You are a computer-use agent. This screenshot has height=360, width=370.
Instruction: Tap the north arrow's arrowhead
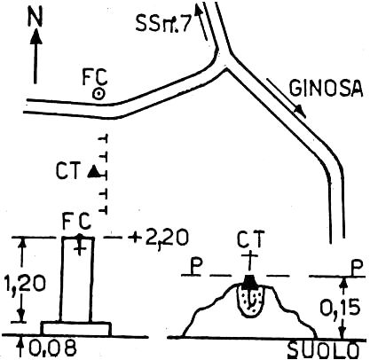[x=35, y=37]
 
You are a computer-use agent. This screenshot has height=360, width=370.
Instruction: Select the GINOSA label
[x=326, y=88]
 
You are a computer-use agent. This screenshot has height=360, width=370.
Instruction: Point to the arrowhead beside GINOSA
[x=300, y=111]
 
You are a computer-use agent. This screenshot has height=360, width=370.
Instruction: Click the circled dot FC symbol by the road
[x=98, y=95]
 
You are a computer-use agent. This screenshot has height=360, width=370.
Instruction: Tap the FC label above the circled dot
[x=94, y=77]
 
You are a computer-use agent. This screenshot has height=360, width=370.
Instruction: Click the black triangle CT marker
[x=94, y=171]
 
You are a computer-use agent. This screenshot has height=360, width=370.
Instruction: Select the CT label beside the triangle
[x=68, y=171]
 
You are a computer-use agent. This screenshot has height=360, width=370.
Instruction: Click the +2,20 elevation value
[x=160, y=238]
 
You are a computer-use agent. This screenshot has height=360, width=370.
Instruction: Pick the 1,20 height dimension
[x=26, y=283]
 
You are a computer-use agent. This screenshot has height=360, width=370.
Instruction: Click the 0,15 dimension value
[x=340, y=308]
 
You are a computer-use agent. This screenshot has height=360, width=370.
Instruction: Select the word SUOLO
[x=323, y=351]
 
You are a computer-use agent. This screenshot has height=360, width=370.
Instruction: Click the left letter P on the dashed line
[x=195, y=267]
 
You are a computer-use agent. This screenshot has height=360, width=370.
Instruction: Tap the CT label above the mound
[x=250, y=239]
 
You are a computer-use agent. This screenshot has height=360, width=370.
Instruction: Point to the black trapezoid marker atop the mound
[x=248, y=281]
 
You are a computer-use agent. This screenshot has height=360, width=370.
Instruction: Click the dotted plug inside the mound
[x=251, y=301]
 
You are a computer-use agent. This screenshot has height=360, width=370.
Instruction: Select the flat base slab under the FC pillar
[x=76, y=329]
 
